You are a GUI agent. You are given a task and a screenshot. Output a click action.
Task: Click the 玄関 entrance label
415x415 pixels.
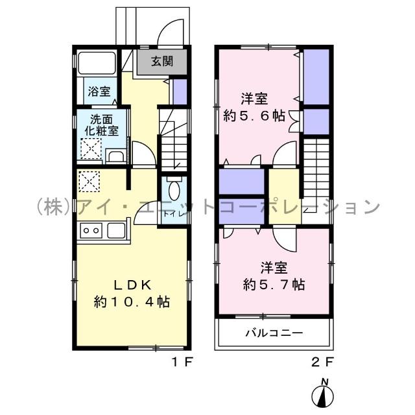[162, 62]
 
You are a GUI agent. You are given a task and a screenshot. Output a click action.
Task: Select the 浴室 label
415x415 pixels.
[99, 93]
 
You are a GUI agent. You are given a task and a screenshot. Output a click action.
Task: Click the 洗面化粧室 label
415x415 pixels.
[104, 124]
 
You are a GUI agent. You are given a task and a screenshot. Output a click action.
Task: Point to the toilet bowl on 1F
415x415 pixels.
[174, 191]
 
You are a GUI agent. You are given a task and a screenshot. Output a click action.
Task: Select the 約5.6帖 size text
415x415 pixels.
[254, 116]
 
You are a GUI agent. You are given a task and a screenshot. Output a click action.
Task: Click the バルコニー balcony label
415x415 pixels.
[274, 334]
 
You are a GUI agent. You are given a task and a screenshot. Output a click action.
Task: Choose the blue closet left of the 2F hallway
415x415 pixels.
[241, 181]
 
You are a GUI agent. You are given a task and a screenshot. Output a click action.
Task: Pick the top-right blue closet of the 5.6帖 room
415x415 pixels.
[316, 77]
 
